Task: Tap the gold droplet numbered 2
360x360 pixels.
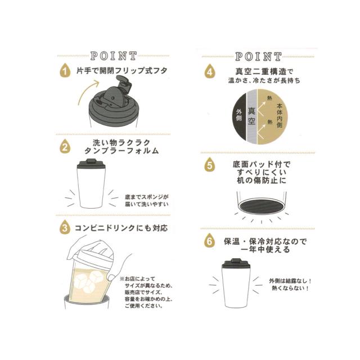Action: [65, 146]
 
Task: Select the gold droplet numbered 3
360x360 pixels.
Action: [65, 227]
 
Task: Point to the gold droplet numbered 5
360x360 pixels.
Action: [210, 164]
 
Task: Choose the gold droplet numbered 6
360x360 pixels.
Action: [210, 241]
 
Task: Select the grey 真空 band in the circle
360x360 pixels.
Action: [251, 116]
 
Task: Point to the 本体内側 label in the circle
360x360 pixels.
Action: [280, 115]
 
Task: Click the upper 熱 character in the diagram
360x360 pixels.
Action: [269, 98]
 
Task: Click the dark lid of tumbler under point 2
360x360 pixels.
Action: [91, 164]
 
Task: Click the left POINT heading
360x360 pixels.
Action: [114, 56]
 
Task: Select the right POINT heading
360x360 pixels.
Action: [258, 56]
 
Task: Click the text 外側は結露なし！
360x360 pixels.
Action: [290, 281]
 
